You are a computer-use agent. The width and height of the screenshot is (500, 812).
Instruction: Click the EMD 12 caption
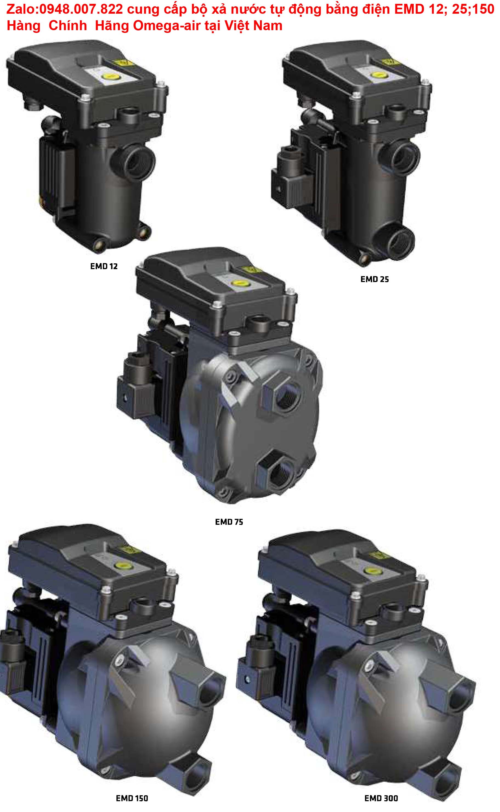click(104, 266)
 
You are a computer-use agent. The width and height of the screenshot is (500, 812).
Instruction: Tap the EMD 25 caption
click(374, 279)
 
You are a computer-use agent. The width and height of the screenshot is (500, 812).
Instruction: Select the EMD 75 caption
click(229, 522)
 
